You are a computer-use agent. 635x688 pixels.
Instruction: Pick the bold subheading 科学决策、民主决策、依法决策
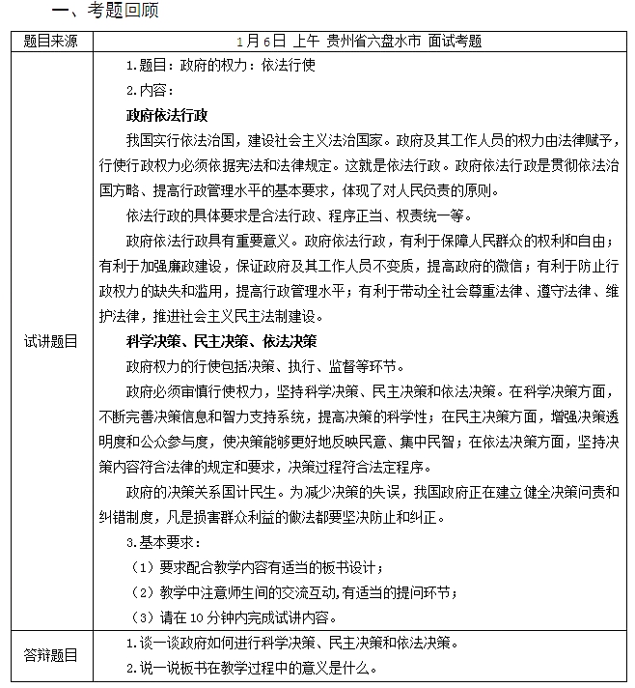point(221,342)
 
